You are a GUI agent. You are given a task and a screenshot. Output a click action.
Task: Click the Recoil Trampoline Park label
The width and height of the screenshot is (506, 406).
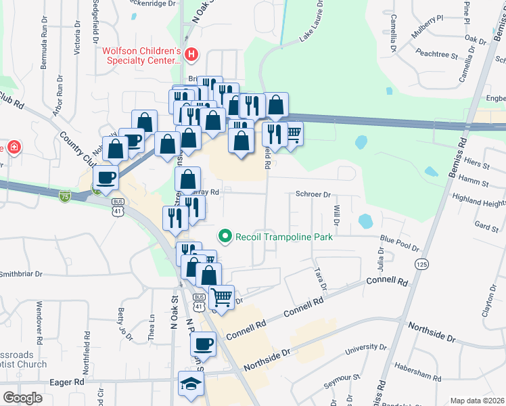[x=283, y=237]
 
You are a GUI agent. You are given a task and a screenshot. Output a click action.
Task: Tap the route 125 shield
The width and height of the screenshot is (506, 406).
[x=422, y=263]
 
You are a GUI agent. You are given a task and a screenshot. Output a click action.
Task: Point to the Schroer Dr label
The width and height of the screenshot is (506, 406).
[x=313, y=194]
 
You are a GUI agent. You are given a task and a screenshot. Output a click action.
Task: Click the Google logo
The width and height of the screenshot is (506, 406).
[x=22, y=398]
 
